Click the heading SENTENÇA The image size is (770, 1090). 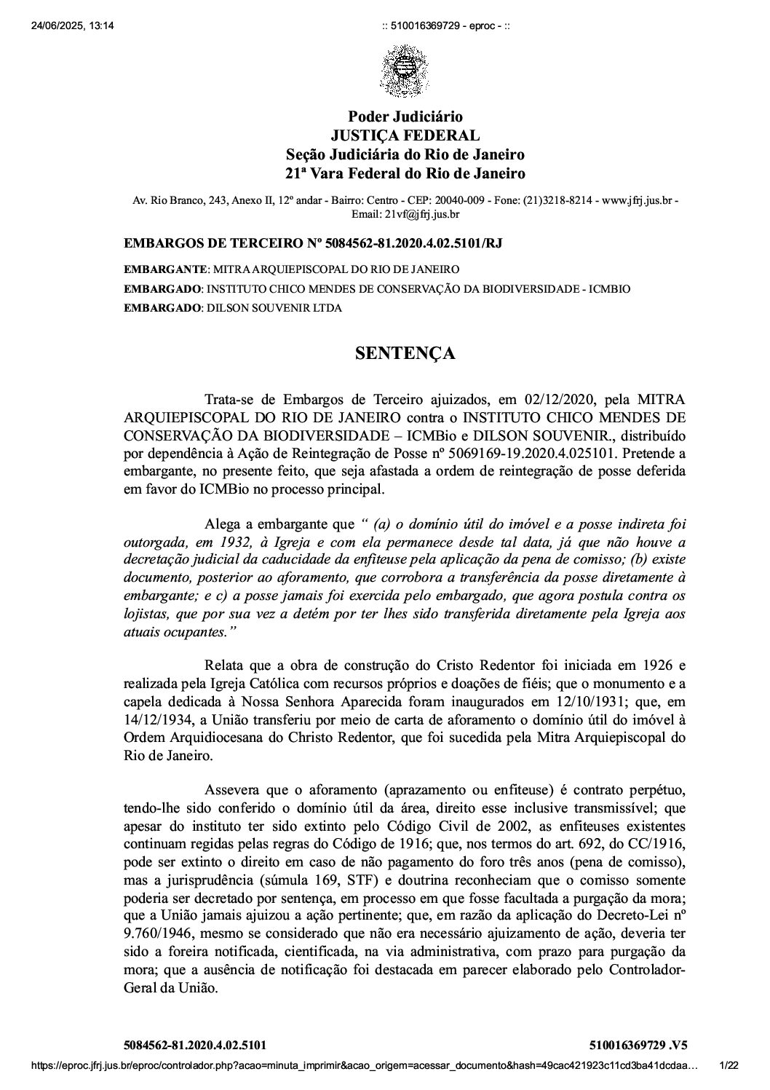(x=405, y=354)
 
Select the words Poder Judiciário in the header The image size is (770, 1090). (x=405, y=116)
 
